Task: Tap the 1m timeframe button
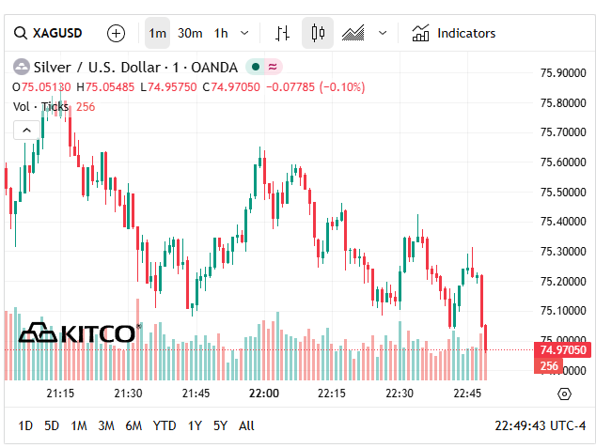157,33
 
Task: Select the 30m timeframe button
190,33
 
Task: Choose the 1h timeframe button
221,33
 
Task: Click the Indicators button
454,33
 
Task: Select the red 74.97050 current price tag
564,349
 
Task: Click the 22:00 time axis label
264,393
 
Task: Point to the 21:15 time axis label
60,393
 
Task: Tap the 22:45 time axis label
467,393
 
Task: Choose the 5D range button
52,425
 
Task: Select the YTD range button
165,425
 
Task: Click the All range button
246,425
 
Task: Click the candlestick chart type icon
318,33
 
